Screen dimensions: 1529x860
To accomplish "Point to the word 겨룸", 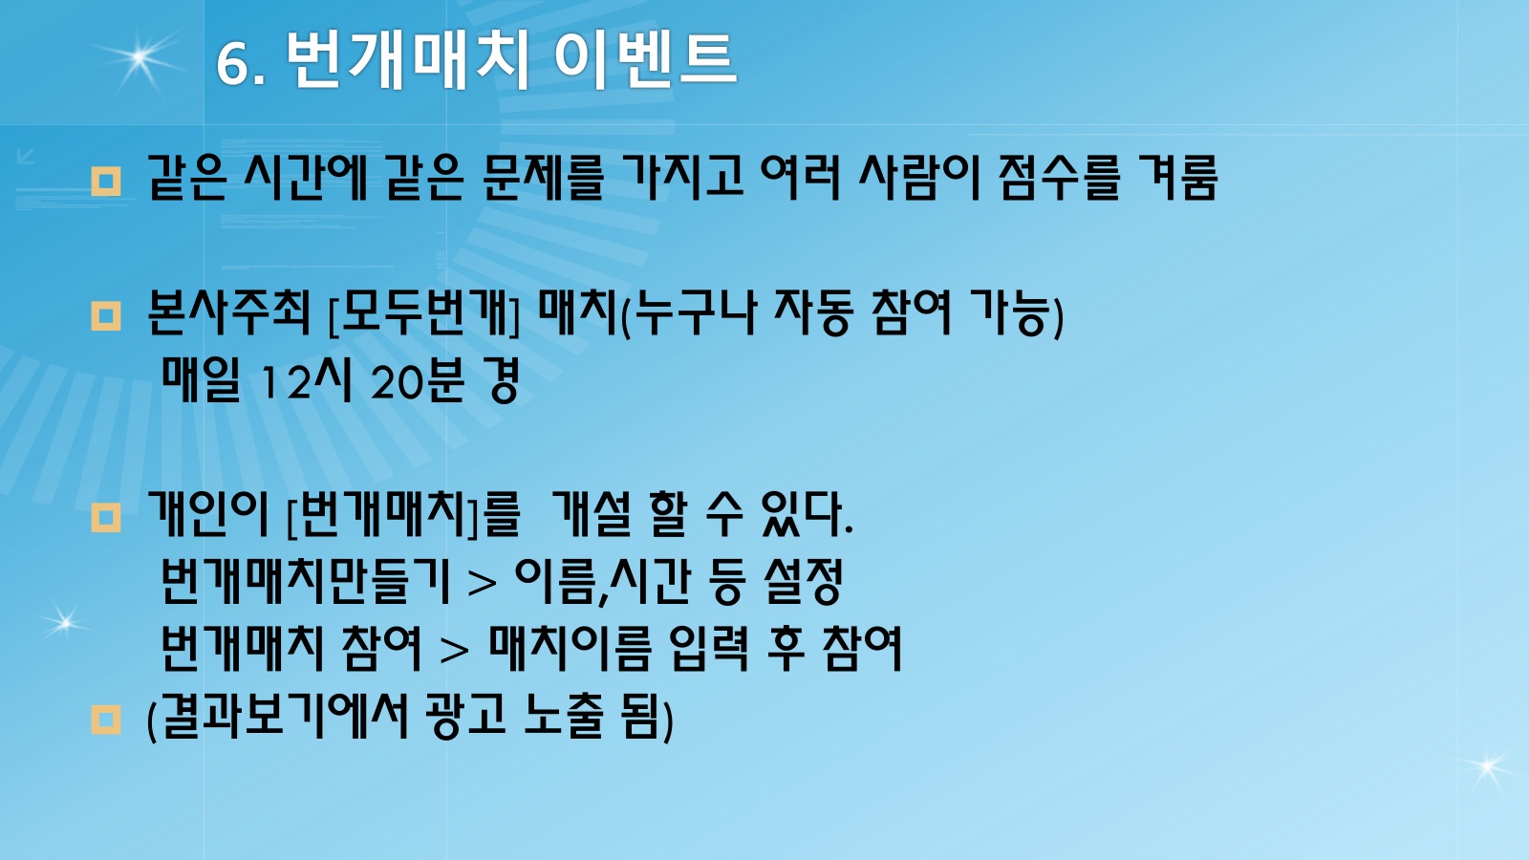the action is [x=1177, y=178].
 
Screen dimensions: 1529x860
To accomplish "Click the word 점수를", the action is [x=1060, y=178].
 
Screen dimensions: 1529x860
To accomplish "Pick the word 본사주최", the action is [x=228, y=312].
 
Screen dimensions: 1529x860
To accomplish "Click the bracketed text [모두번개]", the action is [x=424, y=313].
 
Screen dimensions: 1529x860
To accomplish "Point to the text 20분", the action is [x=417, y=380].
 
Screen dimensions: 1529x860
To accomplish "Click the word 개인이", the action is [x=207, y=513].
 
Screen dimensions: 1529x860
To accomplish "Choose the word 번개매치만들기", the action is [x=306, y=581].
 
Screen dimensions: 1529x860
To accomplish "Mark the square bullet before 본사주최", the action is [x=106, y=316].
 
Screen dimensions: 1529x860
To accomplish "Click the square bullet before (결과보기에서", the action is [x=106, y=720].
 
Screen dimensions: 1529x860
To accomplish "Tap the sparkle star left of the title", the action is [x=140, y=58].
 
